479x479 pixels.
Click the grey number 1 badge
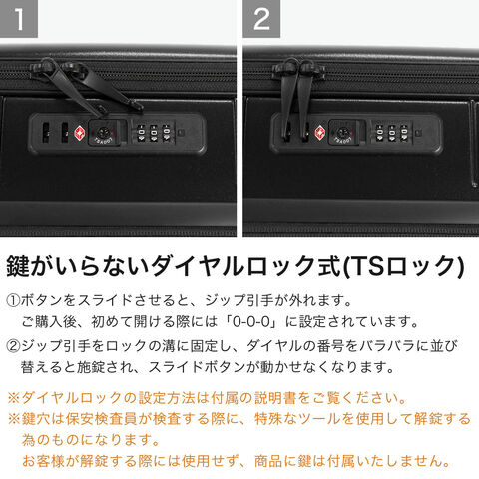(19, 19)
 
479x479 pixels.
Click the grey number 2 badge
(261, 19)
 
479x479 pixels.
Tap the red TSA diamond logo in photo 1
(79, 133)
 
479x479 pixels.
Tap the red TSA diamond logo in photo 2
(320, 133)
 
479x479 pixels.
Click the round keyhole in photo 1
(103, 133)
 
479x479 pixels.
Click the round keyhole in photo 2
(342, 133)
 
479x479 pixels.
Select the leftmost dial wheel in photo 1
(141, 133)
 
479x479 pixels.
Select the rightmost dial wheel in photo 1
(166, 133)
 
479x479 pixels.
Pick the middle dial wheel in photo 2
(392, 133)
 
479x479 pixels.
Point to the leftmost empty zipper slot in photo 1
(46, 133)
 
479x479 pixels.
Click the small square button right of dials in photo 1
(180, 133)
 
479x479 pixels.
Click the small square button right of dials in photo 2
(419, 133)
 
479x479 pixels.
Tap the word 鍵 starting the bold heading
(18, 266)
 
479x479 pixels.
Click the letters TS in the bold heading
(366, 266)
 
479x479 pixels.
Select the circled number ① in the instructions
(13, 301)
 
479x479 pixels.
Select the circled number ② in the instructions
(13, 346)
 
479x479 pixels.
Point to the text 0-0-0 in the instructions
(251, 322)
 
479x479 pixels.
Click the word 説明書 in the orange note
(275, 398)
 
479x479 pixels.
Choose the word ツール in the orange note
(320, 419)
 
